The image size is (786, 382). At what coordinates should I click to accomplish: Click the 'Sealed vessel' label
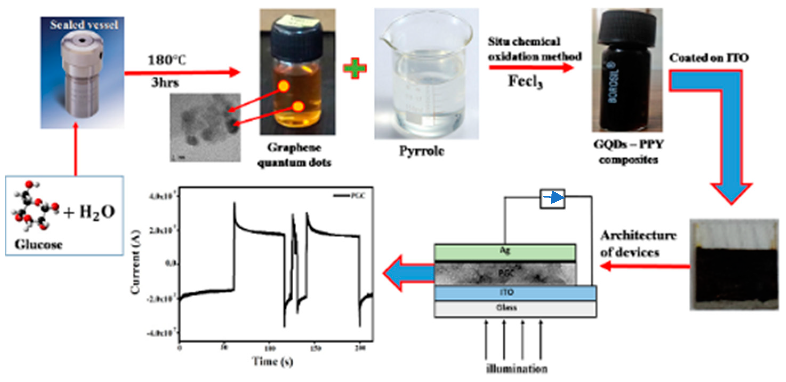pos(84,25)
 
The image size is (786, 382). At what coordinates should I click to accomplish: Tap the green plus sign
pos(354,68)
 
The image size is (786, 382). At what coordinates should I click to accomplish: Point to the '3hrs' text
pos(165,82)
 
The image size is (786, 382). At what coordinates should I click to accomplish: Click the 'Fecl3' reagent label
pos(525,82)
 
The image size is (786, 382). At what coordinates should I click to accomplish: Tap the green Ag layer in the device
pos(505,252)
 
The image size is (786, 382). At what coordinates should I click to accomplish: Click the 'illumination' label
pos(517,369)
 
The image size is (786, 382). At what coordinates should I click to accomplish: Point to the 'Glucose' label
pos(38,244)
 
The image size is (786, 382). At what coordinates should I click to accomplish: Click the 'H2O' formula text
pos(97,212)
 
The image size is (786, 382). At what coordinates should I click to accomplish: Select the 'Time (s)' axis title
pos(272,361)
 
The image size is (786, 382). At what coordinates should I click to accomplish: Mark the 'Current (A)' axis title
pos(135,262)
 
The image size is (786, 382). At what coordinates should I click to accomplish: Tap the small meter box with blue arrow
pos(552,199)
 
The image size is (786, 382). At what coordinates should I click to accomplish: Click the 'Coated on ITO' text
pos(709,58)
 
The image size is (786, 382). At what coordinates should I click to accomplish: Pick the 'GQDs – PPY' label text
pos(628,144)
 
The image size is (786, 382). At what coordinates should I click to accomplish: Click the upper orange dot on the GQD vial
pos(284,86)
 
